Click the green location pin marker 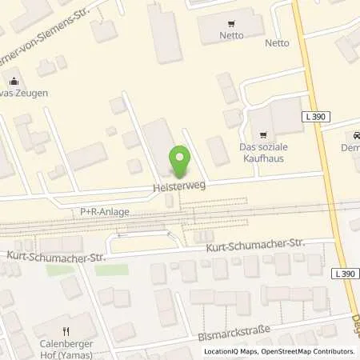[x=180, y=162]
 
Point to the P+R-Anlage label [x=104, y=212]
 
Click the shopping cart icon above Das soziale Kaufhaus [x=258, y=134]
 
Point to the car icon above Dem [x=352, y=136]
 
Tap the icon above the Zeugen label [x=14, y=81]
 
